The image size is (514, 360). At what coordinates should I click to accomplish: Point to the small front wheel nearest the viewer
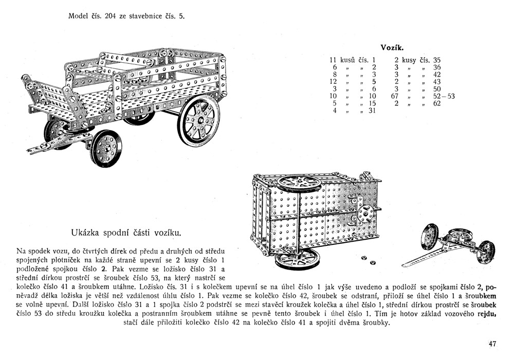point(106,148)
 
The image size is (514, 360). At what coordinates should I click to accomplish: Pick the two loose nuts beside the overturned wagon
point(368,260)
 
